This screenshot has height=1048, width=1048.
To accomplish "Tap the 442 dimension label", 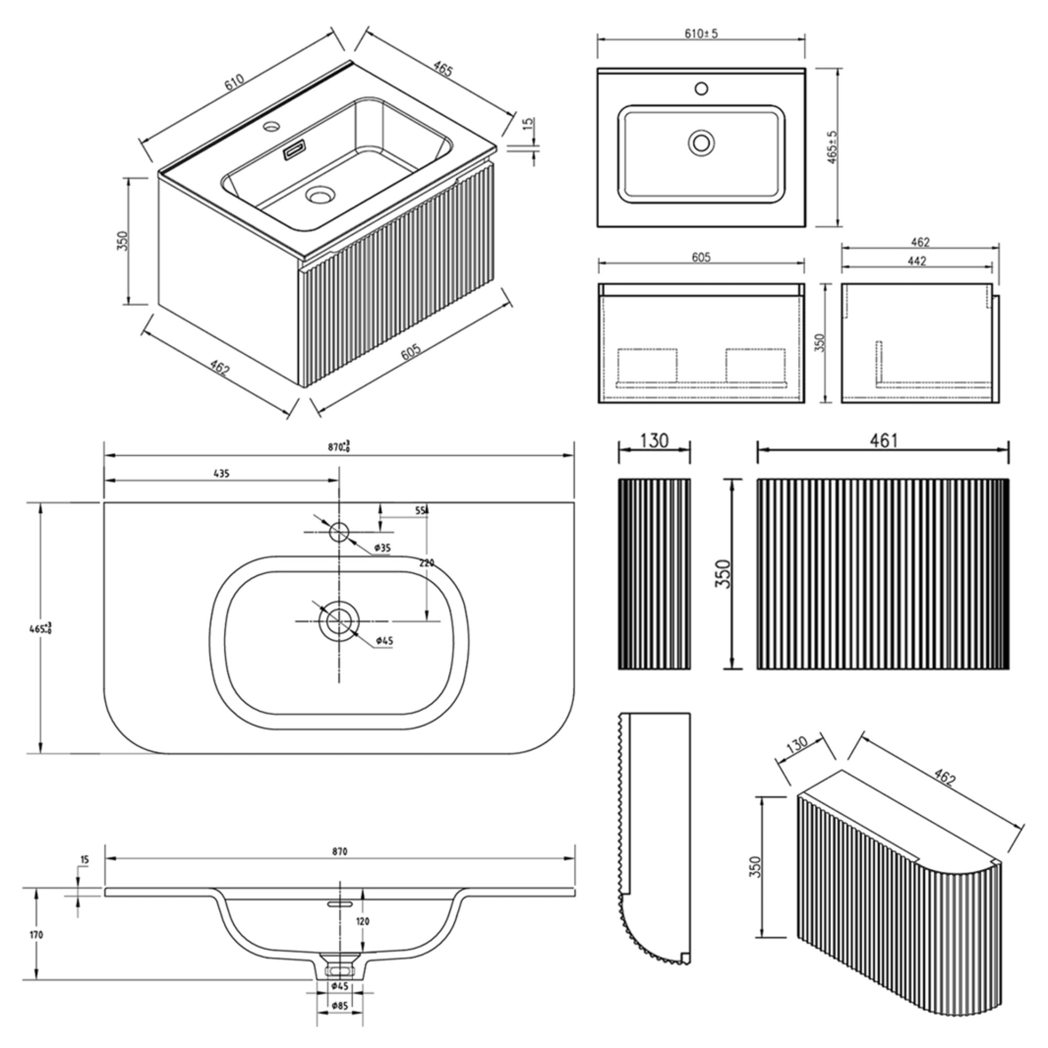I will click(x=916, y=261).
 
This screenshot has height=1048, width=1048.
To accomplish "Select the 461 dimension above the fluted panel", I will click(x=883, y=441).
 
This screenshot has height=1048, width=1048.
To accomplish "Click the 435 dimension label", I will click(x=221, y=474).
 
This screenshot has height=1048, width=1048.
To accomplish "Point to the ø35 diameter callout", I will click(x=383, y=548).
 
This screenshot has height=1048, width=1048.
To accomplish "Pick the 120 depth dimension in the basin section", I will click(x=363, y=922).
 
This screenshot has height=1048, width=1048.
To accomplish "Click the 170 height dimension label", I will click(x=36, y=935).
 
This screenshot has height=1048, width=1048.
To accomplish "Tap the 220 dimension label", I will click(x=427, y=563).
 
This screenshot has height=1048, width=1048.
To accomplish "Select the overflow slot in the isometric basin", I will click(x=295, y=150).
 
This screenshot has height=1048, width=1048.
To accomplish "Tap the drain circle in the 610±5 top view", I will click(x=701, y=143).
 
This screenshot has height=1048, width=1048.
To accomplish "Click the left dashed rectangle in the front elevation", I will click(x=648, y=365).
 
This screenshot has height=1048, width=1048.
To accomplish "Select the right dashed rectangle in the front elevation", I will click(x=755, y=365).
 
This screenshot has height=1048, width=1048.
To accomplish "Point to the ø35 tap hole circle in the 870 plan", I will click(x=340, y=531).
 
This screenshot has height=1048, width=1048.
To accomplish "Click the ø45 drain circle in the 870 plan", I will click(x=340, y=620).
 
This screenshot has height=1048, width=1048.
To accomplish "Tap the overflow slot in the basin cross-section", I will click(x=340, y=905).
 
